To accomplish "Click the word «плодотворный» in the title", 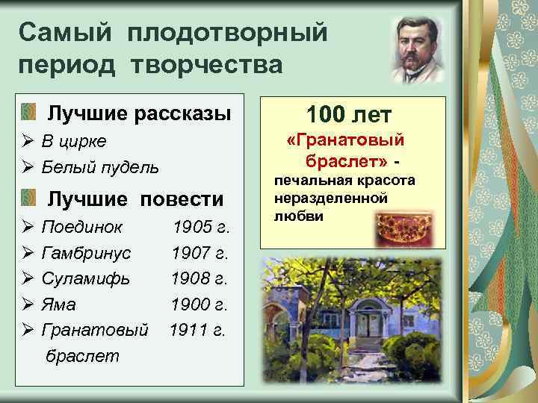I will tap(228, 33).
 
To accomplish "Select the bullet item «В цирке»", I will tap(74, 141).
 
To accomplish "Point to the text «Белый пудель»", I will tap(100, 166).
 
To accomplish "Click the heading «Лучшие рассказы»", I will tap(139, 113).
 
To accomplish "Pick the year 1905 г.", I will tap(200, 227).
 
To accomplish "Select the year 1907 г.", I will tap(200, 253).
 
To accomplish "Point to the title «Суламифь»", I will tap(86, 278).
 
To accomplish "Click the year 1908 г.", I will tap(199, 278).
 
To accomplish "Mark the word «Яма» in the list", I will tap(59, 304).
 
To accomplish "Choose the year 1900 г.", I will tap(200, 304).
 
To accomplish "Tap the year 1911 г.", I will tap(197, 330).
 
